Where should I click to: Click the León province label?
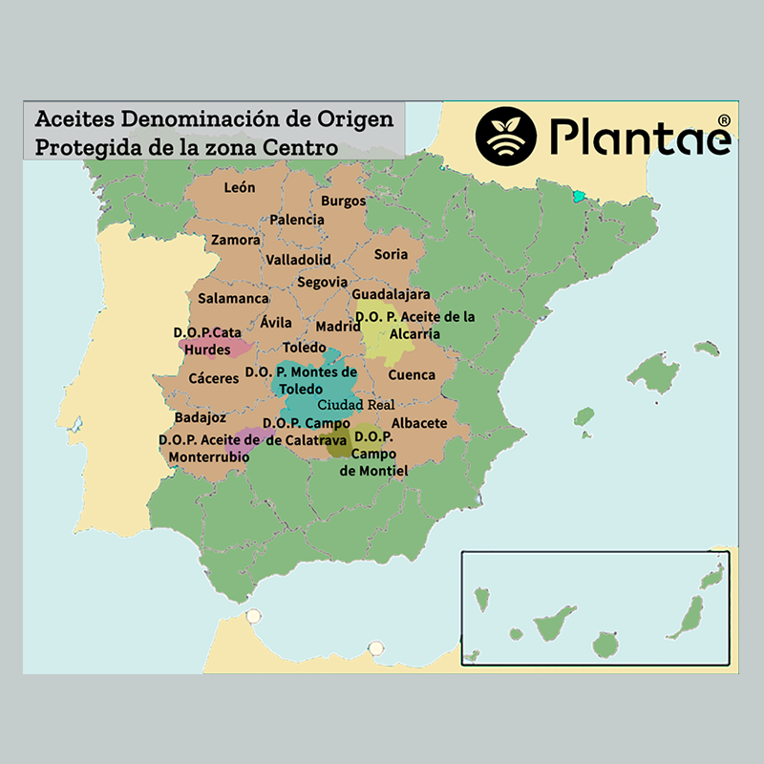point(239,187)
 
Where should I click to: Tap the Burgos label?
point(343,202)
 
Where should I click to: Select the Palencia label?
point(297,220)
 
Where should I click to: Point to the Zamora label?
point(235,240)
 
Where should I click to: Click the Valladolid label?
point(299,260)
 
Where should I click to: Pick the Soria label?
point(391,254)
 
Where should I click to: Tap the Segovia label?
point(322,282)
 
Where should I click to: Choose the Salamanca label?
point(233,298)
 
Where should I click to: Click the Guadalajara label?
point(391,294)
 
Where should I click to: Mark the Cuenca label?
point(412,374)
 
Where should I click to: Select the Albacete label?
point(419,422)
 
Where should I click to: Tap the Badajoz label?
point(201,417)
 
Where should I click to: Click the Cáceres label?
point(214,378)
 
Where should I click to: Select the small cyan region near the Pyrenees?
point(577,196)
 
